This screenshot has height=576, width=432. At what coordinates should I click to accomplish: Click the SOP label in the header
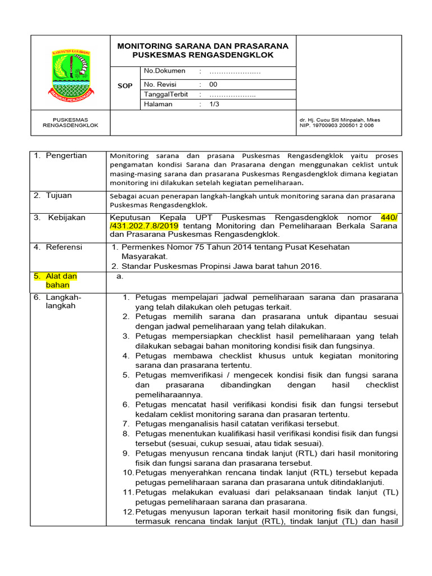click(x=125, y=86)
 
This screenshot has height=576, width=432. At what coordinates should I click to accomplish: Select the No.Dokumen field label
click(x=164, y=71)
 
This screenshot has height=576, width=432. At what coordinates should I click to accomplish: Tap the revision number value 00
click(x=213, y=84)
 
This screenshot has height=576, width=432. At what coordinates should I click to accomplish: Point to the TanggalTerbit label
click(x=166, y=94)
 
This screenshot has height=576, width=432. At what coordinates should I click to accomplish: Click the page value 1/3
click(x=215, y=105)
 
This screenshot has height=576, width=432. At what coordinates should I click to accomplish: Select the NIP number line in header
click(x=336, y=125)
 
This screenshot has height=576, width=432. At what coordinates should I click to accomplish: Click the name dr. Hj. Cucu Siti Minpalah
click(x=336, y=120)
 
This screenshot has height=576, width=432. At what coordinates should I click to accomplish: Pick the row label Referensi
click(x=64, y=247)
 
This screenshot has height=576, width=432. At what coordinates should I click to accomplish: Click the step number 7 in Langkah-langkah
click(x=127, y=424)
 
